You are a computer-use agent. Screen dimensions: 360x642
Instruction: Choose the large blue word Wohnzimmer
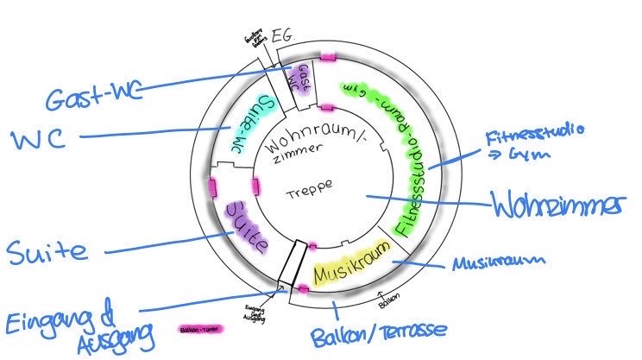(x=557, y=206)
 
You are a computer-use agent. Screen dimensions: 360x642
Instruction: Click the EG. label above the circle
(x=284, y=37)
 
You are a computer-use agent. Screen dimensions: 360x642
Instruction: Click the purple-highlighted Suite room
(x=246, y=226)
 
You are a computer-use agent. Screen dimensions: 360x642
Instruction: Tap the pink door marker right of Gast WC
(x=329, y=57)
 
